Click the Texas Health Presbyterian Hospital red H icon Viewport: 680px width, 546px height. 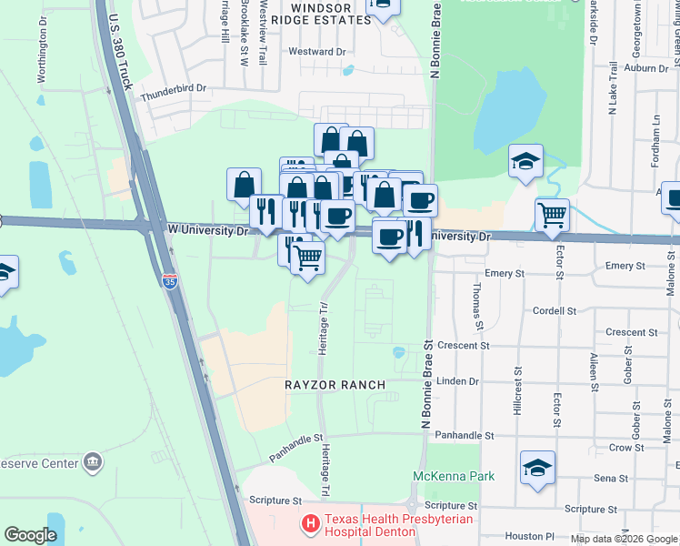tap(311, 523)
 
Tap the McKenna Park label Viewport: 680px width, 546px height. tap(454, 476)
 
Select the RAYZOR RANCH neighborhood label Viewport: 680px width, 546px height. tap(335, 385)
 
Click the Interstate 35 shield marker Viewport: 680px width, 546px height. tap(170, 282)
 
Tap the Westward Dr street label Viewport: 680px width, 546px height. tap(317, 52)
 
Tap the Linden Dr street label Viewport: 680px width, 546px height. tap(457, 381)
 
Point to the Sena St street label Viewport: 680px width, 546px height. tap(610, 478)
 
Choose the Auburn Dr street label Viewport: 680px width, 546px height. tap(647, 67)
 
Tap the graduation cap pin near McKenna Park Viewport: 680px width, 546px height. tap(537, 468)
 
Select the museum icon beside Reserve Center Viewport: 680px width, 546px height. tap(92, 461)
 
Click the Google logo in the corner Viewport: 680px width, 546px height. tap(30, 535)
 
